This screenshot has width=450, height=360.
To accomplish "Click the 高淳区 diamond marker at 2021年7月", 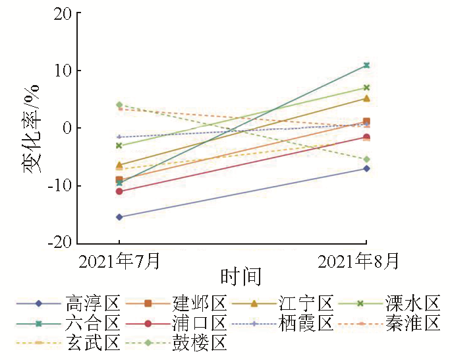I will click(x=119, y=217).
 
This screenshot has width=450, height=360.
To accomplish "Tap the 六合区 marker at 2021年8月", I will click(x=366, y=65).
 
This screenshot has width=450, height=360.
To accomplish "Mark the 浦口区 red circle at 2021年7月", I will click(x=119, y=191).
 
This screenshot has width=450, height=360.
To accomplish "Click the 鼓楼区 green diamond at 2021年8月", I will click(x=366, y=160).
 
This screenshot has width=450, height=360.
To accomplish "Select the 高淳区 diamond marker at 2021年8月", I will click(x=366, y=169).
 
